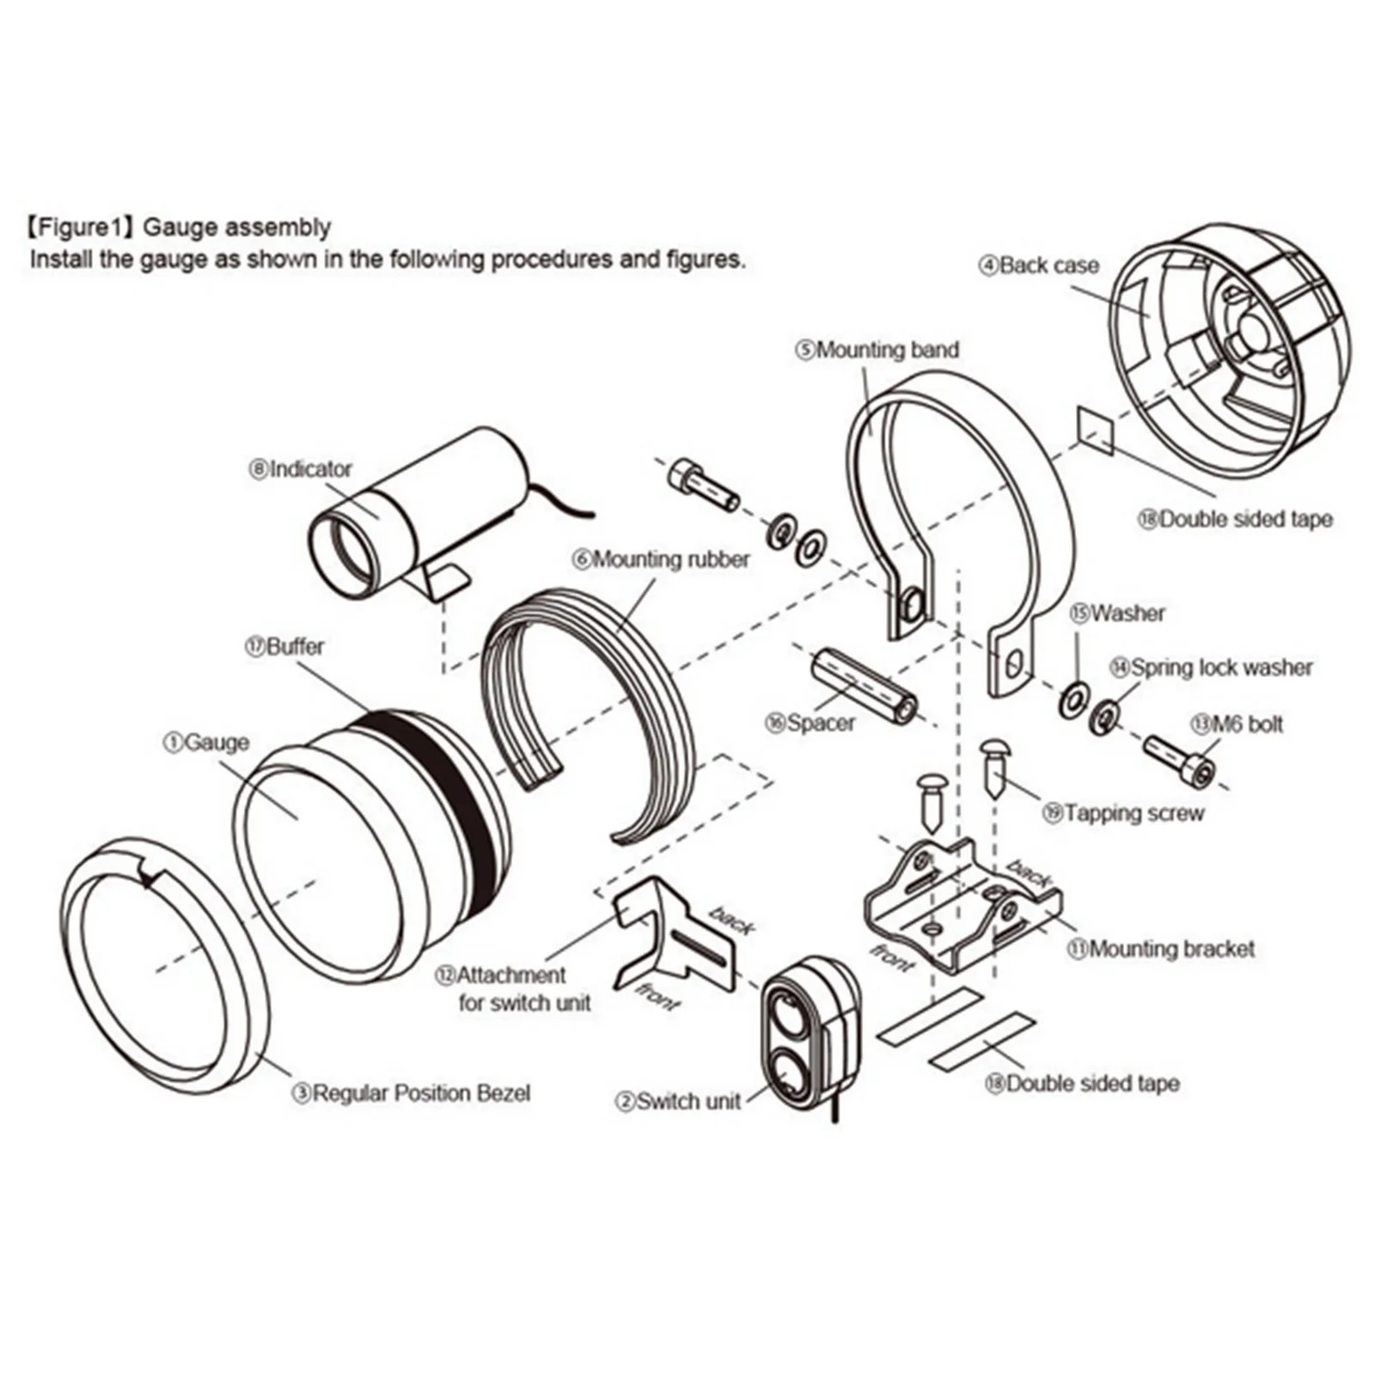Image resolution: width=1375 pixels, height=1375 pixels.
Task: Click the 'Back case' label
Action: (x=1039, y=266)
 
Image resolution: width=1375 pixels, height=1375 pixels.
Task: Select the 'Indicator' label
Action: (x=301, y=469)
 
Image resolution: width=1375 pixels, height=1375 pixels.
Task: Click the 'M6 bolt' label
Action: (x=1237, y=724)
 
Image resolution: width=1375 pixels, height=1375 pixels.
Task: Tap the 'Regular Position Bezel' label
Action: (x=412, y=1093)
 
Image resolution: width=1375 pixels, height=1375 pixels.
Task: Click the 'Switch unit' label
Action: (x=678, y=1101)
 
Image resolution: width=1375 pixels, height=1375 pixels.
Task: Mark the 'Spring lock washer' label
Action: (x=1212, y=668)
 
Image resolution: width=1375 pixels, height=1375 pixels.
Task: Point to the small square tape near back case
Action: (x=1095, y=430)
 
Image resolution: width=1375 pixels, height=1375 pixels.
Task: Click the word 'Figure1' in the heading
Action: (x=77, y=228)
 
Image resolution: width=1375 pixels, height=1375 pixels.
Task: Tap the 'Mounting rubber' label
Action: (x=661, y=559)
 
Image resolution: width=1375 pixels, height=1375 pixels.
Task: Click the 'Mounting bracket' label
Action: (x=1160, y=949)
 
